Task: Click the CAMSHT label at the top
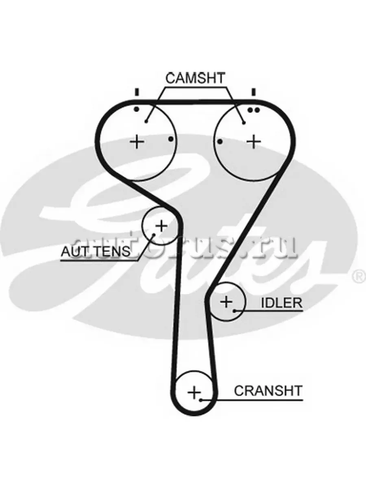tap(195, 78)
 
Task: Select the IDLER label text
tap(281, 302)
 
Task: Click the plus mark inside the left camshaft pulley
tap(137, 142)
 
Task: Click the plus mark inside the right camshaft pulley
tap(254, 141)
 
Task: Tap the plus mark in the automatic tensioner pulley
tap(161, 224)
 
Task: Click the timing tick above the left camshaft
tap(137, 92)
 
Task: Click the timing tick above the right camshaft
tap(253, 92)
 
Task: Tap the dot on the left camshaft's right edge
tap(171, 139)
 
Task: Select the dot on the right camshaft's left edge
tap(220, 141)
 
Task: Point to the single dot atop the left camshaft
tap(137, 109)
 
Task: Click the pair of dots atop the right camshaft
tap(253, 110)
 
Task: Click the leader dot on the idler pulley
tap(235, 311)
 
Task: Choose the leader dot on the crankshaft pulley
tap(201, 400)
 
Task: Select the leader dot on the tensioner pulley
tap(154, 234)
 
